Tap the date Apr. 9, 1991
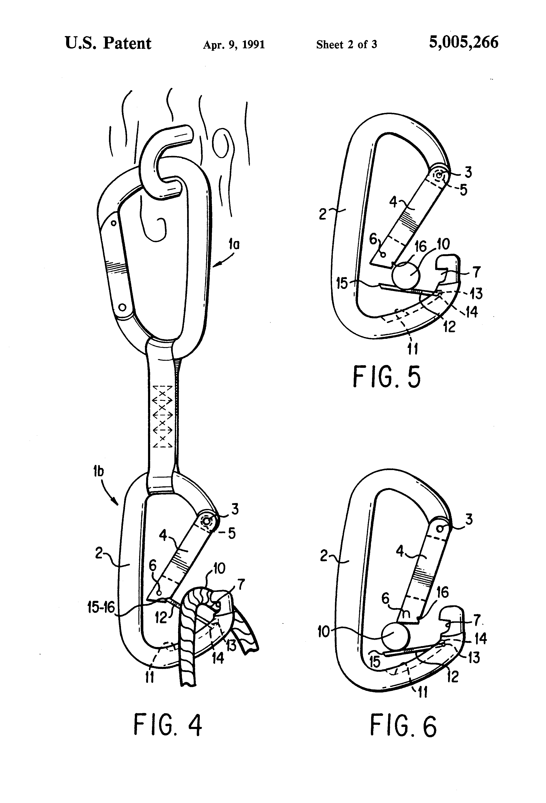[x=234, y=45]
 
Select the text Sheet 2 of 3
[x=346, y=45]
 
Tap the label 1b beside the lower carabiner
[x=99, y=471]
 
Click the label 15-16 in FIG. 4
[x=101, y=607]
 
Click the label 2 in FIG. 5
[x=322, y=214]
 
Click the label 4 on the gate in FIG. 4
[x=163, y=535]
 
